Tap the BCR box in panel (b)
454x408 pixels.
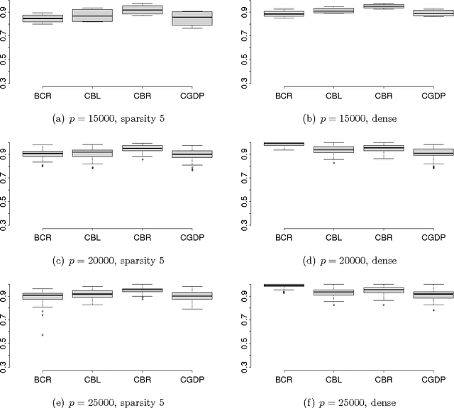pyautogui.click(x=284, y=13)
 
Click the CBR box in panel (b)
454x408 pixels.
pyautogui.click(x=384, y=6)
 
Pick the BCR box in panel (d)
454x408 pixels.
pyautogui.click(x=284, y=144)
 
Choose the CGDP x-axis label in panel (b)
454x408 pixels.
pyautogui.click(x=433, y=95)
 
